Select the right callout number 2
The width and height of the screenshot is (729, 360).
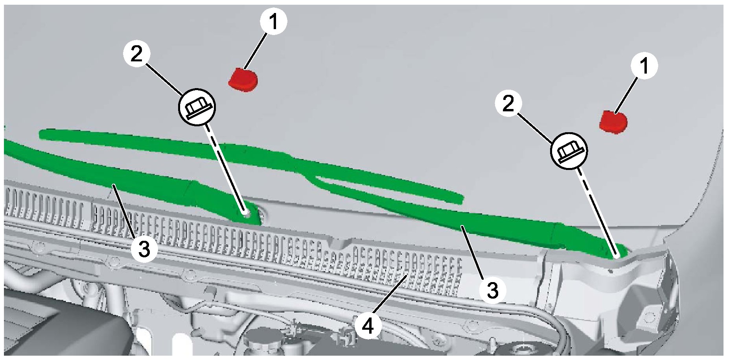(508, 104)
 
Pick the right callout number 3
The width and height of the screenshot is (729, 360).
(492, 290)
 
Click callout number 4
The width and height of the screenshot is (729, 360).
(368, 326)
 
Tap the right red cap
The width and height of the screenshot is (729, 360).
(613, 122)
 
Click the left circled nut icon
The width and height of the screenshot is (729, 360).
(197, 107)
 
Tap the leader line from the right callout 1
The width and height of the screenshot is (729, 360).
(626, 95)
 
